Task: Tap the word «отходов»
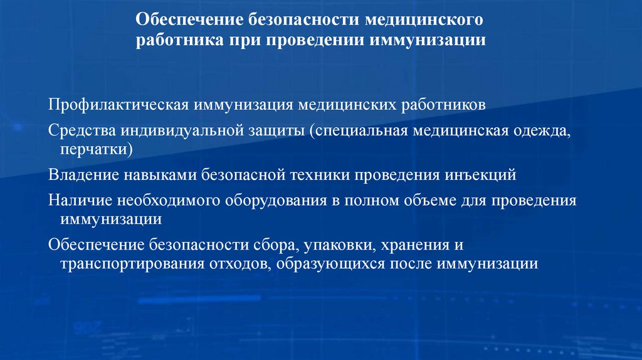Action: point(234,263)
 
